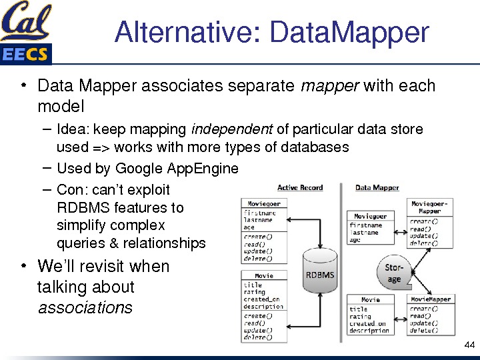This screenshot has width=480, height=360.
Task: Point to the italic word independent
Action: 232,129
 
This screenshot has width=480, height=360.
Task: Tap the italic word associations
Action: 85,308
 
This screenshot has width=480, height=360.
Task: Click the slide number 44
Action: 469,345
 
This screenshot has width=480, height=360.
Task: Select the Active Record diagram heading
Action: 300,188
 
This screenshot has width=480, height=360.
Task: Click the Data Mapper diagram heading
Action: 377,188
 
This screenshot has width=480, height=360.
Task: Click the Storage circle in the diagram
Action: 394,273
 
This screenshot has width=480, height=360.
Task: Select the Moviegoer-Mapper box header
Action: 430,207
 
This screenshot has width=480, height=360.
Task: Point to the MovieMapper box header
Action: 430,299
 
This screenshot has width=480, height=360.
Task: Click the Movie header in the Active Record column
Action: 264,275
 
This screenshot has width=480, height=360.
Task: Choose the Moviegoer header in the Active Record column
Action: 264,204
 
